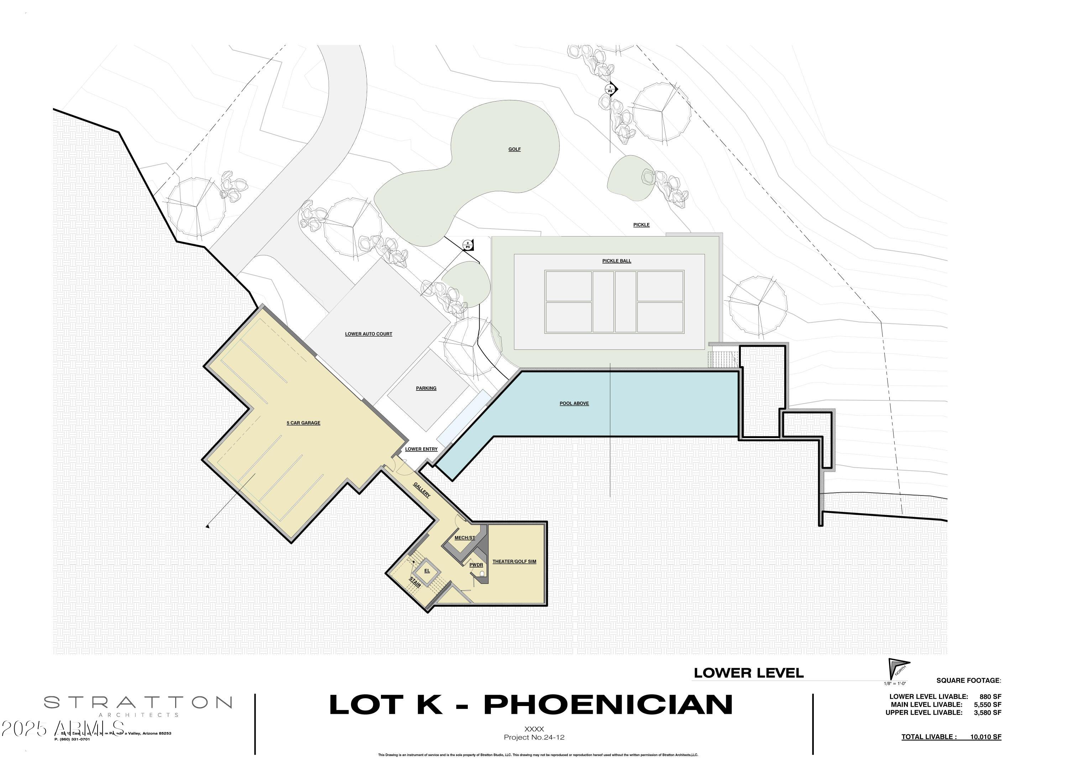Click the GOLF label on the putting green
[514, 149]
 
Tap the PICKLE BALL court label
[616, 261]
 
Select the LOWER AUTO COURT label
[368, 334]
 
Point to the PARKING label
[426, 388]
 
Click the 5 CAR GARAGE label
[303, 423]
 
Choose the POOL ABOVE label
[574, 403]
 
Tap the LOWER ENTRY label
[421, 449]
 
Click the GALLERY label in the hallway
[422, 490]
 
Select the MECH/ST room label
[464, 538]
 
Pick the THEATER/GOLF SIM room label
[514, 561]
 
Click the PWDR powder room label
[476, 565]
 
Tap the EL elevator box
[427, 571]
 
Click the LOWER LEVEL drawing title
[748, 673]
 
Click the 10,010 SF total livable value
[985, 737]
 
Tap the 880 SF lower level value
[990, 697]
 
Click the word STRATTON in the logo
[137, 703]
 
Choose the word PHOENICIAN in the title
[608, 704]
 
